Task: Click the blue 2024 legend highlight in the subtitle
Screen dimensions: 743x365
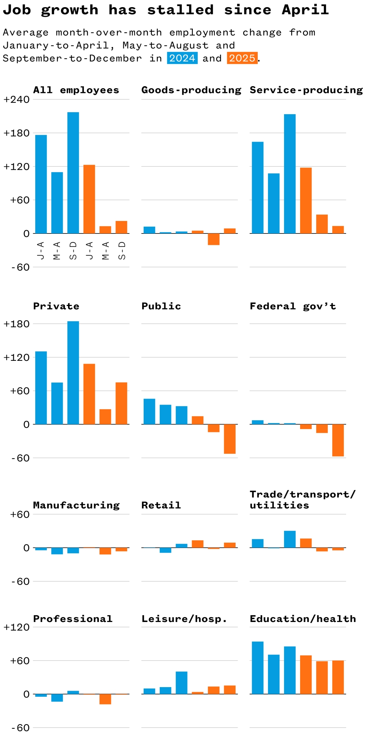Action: coord(182,58)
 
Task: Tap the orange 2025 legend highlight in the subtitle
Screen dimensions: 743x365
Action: coord(242,58)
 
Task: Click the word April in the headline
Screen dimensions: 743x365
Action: coord(305,10)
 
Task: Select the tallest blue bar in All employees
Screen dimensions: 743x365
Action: coord(73,173)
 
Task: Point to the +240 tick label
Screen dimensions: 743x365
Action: coord(16,100)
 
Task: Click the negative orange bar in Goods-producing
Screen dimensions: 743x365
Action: coord(214,239)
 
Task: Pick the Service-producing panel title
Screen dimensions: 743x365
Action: coord(306,90)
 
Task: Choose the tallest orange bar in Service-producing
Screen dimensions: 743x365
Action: coord(306,200)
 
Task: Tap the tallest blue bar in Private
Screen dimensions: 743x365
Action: coord(73,373)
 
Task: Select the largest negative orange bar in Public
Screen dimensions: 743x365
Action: coord(230,439)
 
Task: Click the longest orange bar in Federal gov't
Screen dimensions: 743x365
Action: coord(338,440)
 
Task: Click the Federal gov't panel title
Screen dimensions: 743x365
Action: coord(293,306)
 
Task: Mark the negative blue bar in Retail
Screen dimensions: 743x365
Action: coord(165,550)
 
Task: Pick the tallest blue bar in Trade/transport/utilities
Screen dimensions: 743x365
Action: coord(290,539)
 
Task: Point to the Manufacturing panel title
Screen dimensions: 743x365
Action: coord(76,505)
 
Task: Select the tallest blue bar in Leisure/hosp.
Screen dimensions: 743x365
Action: coord(181,683)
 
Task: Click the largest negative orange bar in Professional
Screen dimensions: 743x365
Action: coord(105,699)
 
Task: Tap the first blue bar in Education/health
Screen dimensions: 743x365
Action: coord(258,668)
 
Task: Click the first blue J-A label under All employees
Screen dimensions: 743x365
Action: coord(41,251)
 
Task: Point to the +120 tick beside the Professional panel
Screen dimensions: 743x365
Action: coord(16,627)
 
